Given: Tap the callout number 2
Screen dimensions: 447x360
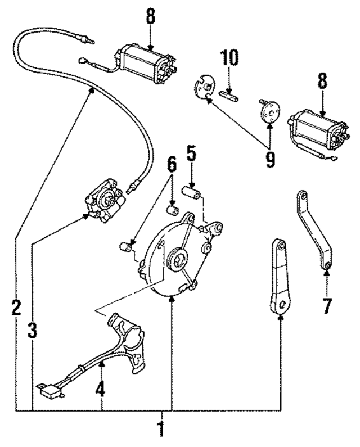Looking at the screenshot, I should (16, 307).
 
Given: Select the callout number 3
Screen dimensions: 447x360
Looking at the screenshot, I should (33, 330).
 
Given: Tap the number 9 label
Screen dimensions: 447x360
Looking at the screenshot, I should (270, 159).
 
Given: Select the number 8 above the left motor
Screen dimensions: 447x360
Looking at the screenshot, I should (150, 17).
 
